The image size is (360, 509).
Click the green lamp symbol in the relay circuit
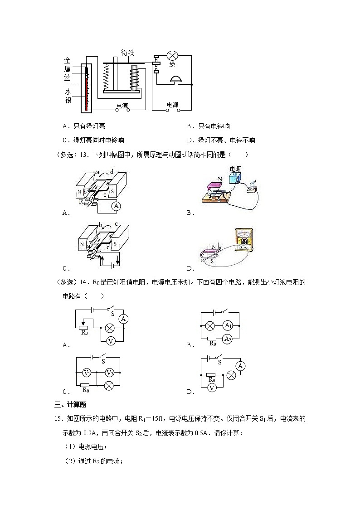pos(172,56)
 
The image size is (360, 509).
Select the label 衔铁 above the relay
pos(127,52)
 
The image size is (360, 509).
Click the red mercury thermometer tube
pos(86,89)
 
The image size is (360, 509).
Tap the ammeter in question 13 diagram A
pos(116,206)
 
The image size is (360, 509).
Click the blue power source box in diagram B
pos(235,178)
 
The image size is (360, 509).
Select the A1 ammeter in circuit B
pos(228,325)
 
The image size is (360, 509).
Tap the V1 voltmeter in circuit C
pos(88,373)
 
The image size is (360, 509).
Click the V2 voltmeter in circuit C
pos(109,373)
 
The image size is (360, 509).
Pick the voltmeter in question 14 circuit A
pos(109,340)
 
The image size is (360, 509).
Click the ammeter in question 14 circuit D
pos(241,365)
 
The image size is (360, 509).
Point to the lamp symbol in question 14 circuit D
pos(231,375)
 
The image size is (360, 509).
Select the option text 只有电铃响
pos(214,126)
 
